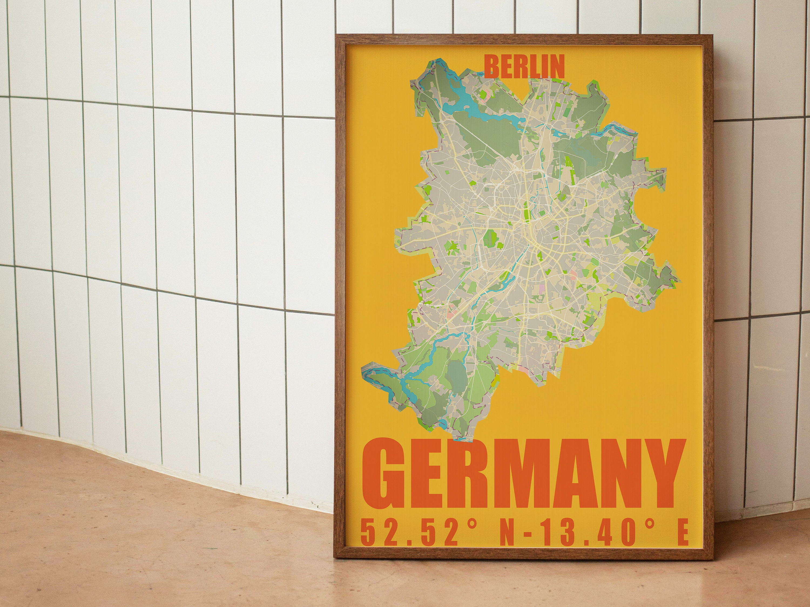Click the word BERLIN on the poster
524,67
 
